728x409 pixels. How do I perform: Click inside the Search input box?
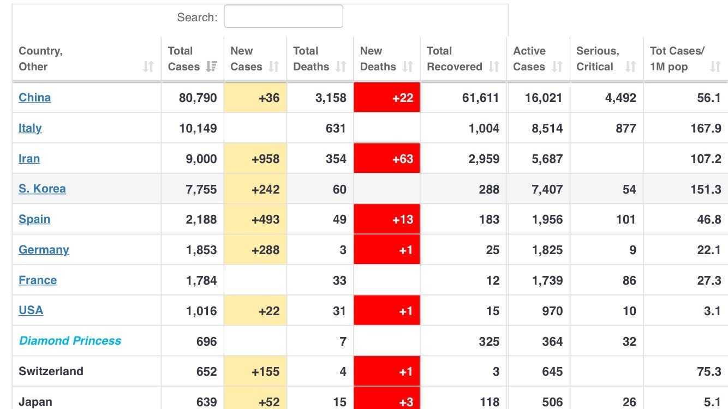pyautogui.click(x=283, y=16)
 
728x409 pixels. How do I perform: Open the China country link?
pyautogui.click(x=34, y=98)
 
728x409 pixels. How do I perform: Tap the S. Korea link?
pyautogui.click(x=42, y=189)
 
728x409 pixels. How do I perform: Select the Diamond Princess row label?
pyautogui.click(x=70, y=341)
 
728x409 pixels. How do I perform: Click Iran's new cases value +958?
pyautogui.click(x=266, y=159)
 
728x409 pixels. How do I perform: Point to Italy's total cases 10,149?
pyautogui.click(x=198, y=128)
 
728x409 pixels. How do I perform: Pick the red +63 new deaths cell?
pyautogui.click(x=387, y=158)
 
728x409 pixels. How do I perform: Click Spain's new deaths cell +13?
pyautogui.click(x=387, y=219)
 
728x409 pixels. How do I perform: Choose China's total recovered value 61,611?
pyautogui.click(x=480, y=98)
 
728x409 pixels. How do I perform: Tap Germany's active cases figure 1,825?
pyautogui.click(x=547, y=250)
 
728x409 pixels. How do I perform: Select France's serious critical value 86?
pyautogui.click(x=629, y=280)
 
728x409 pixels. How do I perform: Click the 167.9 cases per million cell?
pyautogui.click(x=706, y=128)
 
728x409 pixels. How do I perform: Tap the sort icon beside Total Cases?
pyautogui.click(x=212, y=67)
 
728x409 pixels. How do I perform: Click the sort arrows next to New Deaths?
pyautogui.click(x=408, y=67)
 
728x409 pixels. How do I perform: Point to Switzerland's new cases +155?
pyautogui.click(x=266, y=371)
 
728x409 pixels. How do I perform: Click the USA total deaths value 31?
pyautogui.click(x=339, y=311)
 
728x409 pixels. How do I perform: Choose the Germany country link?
pyautogui.click(x=44, y=250)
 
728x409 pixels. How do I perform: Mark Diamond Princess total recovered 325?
pyautogui.click(x=489, y=341)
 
